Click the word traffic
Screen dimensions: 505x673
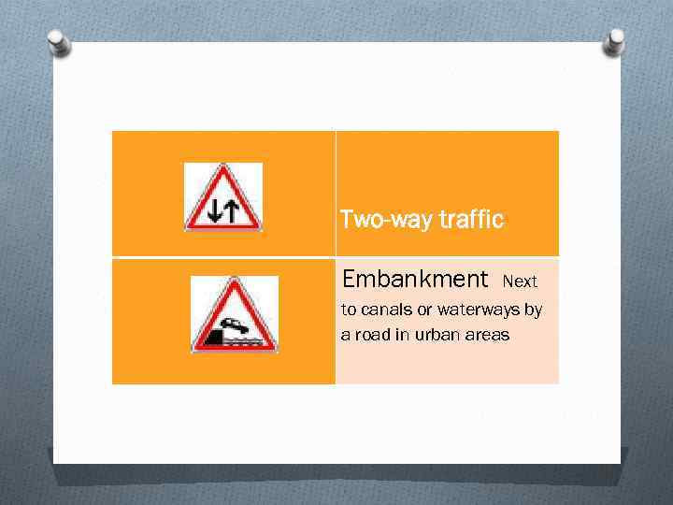pos(470,220)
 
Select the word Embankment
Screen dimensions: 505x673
pos(415,279)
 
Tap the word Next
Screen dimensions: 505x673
pos(520,281)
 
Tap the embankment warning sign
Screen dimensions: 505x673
pos(234,315)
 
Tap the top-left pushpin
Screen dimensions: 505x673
pos(58,40)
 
